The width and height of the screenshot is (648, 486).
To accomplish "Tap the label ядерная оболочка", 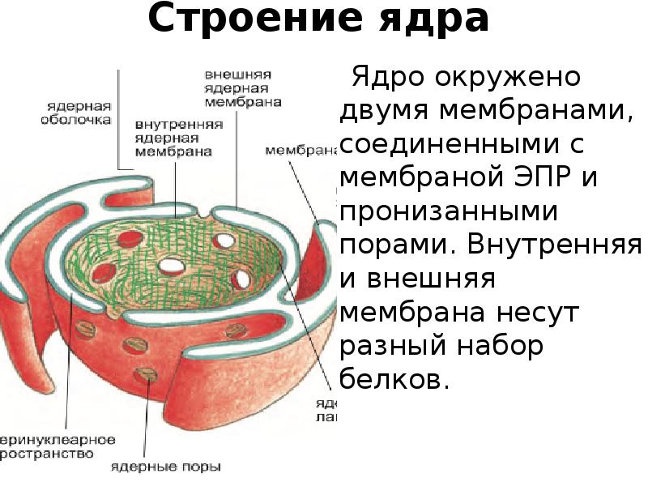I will click(x=79, y=112).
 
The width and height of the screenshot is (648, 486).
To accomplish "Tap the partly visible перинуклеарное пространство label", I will click(x=57, y=448).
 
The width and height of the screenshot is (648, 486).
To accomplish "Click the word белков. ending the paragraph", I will click(x=394, y=378).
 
